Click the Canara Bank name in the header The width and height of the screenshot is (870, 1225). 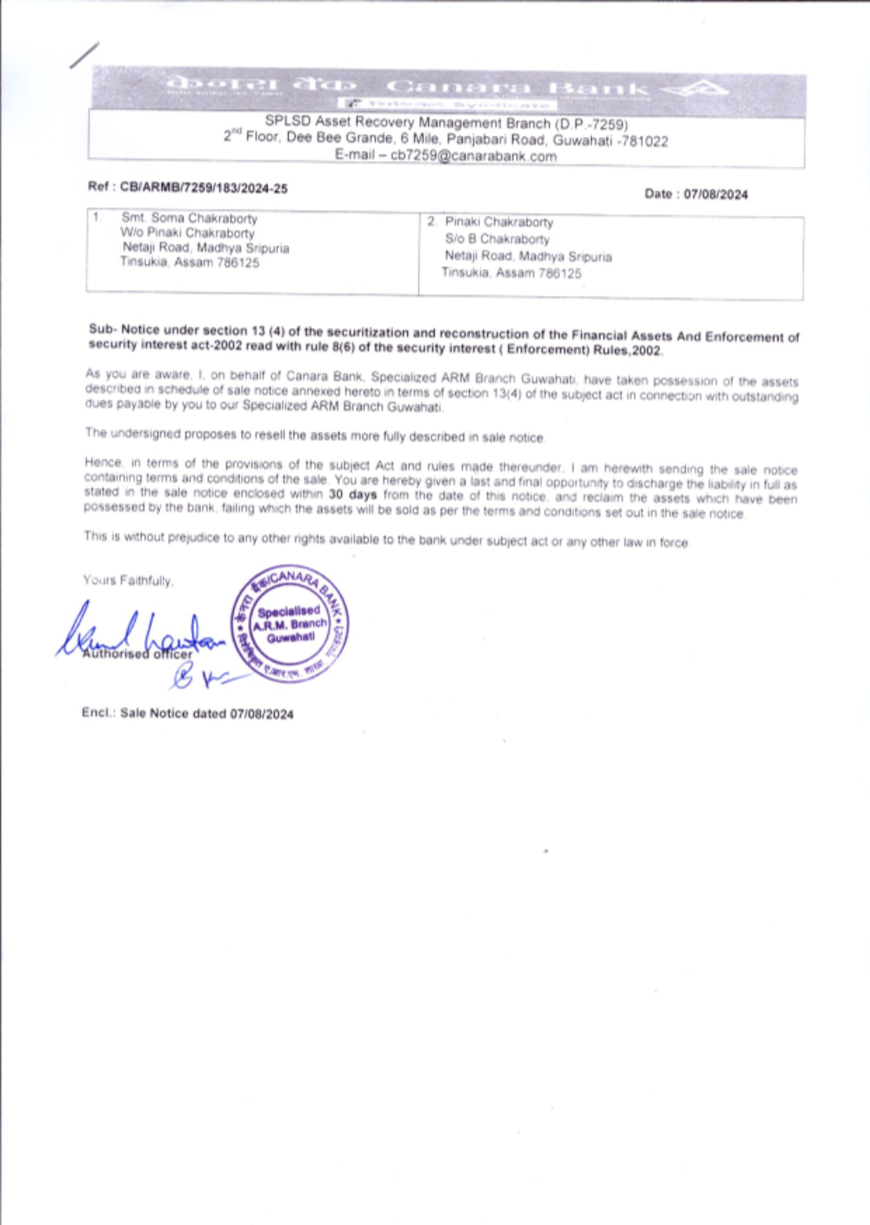[x=519, y=87]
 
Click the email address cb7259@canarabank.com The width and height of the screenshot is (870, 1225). [x=473, y=157]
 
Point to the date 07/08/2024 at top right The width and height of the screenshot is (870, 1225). [x=715, y=194]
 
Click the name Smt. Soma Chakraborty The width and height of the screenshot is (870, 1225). [x=189, y=218]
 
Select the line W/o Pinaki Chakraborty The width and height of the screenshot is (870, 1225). [x=188, y=233]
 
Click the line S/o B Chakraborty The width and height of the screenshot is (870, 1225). [x=497, y=238]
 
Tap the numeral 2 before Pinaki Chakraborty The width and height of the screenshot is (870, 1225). [x=431, y=222]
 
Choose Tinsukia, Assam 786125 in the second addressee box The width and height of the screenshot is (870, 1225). [x=512, y=272]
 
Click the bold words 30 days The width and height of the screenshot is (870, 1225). [x=352, y=494]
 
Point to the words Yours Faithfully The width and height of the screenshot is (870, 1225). [x=128, y=580]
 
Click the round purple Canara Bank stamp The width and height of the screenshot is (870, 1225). [x=290, y=624]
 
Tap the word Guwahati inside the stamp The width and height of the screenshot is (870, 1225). [x=291, y=638]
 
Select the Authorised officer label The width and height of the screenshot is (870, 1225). [x=137, y=654]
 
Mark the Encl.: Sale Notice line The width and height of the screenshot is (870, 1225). [x=187, y=713]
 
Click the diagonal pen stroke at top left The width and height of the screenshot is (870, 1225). [x=84, y=55]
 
